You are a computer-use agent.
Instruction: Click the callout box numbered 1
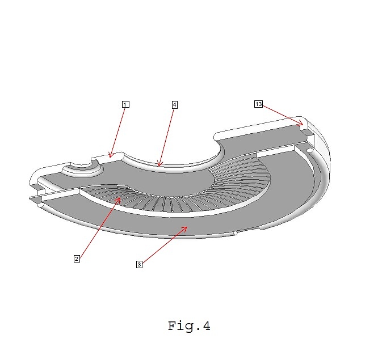125,104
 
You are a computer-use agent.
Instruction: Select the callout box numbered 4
175,105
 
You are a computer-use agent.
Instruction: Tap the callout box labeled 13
259,104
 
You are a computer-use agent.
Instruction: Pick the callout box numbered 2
77,259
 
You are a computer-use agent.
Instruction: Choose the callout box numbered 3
140,264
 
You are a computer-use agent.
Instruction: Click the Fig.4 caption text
189,326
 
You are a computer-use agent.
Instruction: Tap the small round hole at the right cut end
310,150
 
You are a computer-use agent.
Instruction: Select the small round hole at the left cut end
40,205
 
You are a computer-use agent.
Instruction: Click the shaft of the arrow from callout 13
283,115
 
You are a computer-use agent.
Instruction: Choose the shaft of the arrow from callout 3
165,245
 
